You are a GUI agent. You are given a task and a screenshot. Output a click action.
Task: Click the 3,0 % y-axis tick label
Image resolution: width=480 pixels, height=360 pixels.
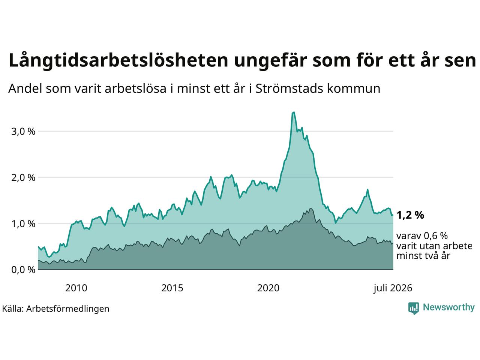pos(23,132)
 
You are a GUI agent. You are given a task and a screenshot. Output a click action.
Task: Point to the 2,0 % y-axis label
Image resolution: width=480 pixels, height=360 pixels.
pos(23,178)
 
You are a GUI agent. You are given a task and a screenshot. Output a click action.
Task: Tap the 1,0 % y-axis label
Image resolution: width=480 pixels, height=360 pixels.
pos(23,224)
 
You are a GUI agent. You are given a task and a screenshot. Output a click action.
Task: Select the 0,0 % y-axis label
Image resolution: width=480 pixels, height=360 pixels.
pos(23,270)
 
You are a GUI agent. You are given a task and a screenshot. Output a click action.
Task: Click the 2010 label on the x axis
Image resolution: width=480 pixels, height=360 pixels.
pos(76,288)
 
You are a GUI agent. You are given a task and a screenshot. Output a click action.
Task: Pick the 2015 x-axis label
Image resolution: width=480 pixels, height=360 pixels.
pos(172,288)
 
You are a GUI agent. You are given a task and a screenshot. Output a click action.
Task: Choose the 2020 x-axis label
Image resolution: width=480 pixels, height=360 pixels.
pos(268,288)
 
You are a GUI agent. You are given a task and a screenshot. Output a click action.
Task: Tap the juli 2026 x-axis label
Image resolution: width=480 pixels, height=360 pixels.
pos(393,288)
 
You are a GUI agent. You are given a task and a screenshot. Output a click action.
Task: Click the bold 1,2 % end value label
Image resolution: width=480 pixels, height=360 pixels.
pos(410,215)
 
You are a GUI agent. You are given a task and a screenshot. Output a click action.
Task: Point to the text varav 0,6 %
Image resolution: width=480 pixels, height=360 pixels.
pos(422,236)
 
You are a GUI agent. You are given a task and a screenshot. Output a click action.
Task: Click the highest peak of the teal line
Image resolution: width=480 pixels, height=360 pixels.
pos(294,112)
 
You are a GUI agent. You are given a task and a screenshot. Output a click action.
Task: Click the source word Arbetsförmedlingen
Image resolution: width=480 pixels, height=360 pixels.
pos(67,309)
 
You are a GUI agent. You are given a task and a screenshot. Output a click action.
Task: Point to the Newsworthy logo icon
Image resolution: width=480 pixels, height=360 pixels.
pos(414,308)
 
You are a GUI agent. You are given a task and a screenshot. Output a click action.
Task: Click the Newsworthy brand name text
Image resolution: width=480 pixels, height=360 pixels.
pos(449,307)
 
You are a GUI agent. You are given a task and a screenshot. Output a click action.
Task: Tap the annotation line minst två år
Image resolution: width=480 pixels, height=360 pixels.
pos(423,256)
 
